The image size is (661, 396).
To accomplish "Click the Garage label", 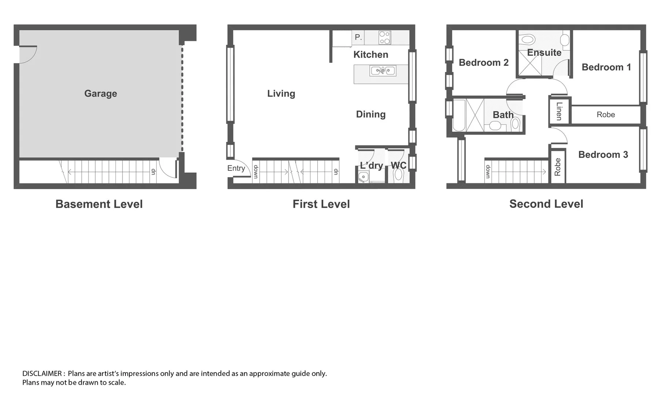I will pyautogui.click(x=101, y=93).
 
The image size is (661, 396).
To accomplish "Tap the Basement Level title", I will pyautogui.click(x=99, y=204).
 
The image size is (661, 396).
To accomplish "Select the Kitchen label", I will pyautogui.click(x=370, y=55).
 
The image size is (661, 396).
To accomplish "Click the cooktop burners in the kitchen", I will pyautogui.click(x=385, y=37).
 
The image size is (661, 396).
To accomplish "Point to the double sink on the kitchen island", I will pyautogui.click(x=383, y=70).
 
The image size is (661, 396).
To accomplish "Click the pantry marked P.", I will pyautogui.click(x=358, y=37).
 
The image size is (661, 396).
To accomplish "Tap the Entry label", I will pyautogui.click(x=236, y=168).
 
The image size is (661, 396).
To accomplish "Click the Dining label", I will pyautogui.click(x=370, y=114).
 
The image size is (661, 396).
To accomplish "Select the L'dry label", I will pyautogui.click(x=371, y=165).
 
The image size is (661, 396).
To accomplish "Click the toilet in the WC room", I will pyautogui.click(x=398, y=176).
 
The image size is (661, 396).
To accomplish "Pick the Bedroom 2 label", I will pyautogui.click(x=483, y=63).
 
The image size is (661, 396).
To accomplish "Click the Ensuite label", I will pyautogui.click(x=544, y=53).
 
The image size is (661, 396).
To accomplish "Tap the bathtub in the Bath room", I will pyautogui.click(x=459, y=115).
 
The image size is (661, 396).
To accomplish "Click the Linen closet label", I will pyautogui.click(x=559, y=111).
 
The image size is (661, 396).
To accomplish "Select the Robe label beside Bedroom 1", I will pyautogui.click(x=606, y=115).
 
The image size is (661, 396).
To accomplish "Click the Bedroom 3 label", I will pyautogui.click(x=603, y=155).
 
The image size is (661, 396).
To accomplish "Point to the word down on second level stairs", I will pyautogui.click(x=488, y=172).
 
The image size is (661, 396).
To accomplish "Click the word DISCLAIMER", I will pyautogui.click(x=42, y=374).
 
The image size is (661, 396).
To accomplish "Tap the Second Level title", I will pyautogui.click(x=546, y=204).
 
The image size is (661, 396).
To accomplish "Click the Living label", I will pyautogui.click(x=281, y=93).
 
